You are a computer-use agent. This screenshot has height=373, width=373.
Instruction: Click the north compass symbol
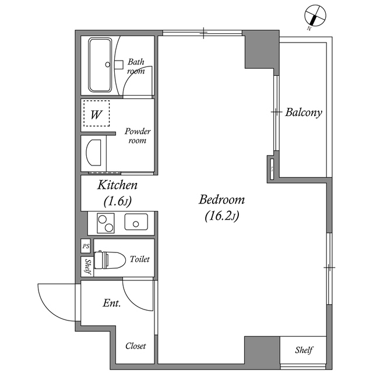pyautogui.click(x=315, y=16)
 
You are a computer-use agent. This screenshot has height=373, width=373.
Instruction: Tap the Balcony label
pyautogui.click(x=304, y=112)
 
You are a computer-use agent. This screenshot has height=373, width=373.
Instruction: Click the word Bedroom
pyautogui.click(x=221, y=199)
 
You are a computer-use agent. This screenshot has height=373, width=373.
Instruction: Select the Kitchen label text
pyautogui.click(x=118, y=185)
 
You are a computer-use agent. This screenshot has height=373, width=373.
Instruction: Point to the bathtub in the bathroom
pyautogui.click(x=100, y=65)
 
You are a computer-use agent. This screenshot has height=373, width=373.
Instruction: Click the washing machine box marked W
pyautogui.click(x=96, y=113)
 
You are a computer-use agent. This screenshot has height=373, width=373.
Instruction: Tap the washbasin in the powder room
pyautogui.click(x=93, y=153)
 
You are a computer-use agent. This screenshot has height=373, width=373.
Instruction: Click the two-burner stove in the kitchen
pyautogui.click(x=105, y=223)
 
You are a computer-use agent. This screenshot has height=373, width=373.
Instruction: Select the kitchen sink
pyautogui.click(x=136, y=222)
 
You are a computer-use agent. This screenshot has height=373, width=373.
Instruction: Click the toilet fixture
pyautogui.click(x=110, y=259)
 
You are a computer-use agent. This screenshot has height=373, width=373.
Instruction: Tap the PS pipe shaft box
pyautogui.click(x=86, y=246)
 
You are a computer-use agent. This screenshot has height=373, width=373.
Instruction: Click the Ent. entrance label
pyautogui.click(x=112, y=303)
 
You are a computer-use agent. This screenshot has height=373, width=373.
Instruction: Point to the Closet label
pyautogui.click(x=136, y=346)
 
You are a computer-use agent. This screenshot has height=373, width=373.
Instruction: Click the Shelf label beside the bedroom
pyautogui.click(x=304, y=350)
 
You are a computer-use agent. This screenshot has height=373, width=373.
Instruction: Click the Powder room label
pyautogui.click(x=138, y=136)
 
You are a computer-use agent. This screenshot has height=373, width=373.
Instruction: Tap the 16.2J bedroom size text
pyautogui.click(x=221, y=216)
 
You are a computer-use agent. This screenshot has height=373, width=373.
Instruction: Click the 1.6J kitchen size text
pyautogui.click(x=118, y=202)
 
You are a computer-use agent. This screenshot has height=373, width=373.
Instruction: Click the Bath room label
pyautogui.click(x=136, y=66)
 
